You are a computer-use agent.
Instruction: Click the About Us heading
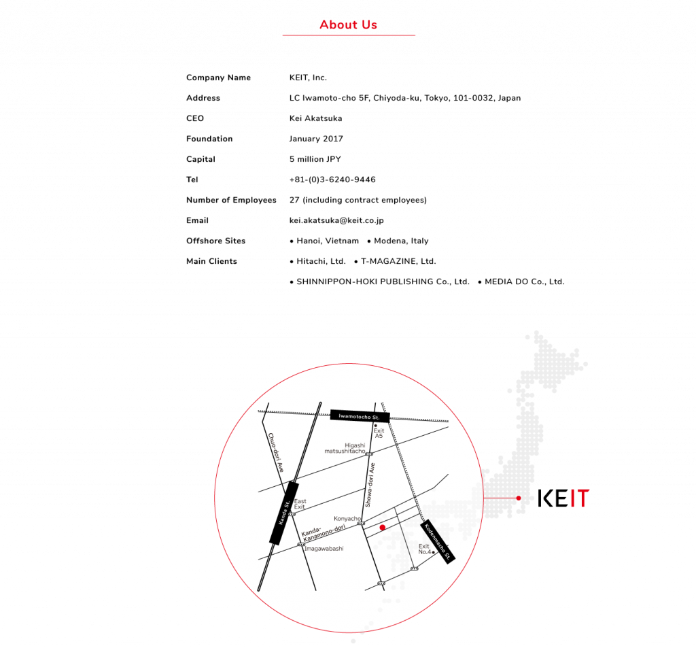tap(348, 25)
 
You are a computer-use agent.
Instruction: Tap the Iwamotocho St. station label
tap(360, 415)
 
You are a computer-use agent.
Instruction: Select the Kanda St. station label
tap(284, 513)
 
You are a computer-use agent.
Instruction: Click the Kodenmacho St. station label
tap(438, 541)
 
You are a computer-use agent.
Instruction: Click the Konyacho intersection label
tap(347, 518)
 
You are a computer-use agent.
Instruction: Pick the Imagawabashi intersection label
tap(324, 549)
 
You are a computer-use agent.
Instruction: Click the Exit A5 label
tap(379, 433)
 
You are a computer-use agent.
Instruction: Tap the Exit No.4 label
tap(424, 549)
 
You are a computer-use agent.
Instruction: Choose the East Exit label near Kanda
tap(300, 504)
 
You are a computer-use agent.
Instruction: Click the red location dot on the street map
tap(383, 527)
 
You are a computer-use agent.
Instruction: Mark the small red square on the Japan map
tap(519, 498)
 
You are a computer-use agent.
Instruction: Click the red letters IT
tap(579, 498)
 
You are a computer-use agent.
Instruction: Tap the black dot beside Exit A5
tap(375, 426)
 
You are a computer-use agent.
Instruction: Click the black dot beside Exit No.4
tap(434, 553)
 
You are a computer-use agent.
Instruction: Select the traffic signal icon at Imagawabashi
tap(300, 544)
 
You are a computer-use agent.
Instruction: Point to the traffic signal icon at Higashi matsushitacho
tap(368, 454)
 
